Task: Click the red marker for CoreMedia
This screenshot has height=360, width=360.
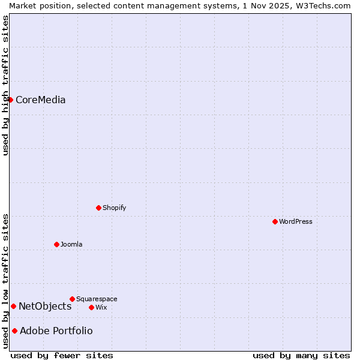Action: tap(10, 100)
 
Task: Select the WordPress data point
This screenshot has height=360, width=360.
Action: tap(275, 221)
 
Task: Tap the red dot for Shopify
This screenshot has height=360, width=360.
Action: tap(98, 208)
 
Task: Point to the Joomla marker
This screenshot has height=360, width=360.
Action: tap(56, 244)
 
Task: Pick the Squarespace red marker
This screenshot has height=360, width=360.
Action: tap(72, 299)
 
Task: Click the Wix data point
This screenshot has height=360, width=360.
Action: tap(91, 307)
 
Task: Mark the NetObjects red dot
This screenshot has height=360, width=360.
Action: tap(13, 306)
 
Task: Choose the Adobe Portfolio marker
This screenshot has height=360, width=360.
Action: tap(14, 331)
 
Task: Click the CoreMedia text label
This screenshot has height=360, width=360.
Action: tap(40, 100)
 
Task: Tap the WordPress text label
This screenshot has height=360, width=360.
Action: tap(295, 221)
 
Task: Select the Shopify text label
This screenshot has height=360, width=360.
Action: tap(114, 208)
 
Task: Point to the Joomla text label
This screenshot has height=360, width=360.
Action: tap(71, 244)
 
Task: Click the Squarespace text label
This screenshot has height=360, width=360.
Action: tap(97, 299)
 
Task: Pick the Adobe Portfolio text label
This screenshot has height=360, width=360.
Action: tap(56, 331)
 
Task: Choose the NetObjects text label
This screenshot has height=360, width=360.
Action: tap(45, 306)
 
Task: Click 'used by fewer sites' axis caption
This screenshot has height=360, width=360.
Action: tap(62, 355)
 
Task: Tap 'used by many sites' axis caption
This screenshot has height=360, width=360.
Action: tap(301, 355)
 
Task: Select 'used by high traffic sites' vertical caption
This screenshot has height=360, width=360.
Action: tap(5, 85)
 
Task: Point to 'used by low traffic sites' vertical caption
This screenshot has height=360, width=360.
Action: tap(5, 281)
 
